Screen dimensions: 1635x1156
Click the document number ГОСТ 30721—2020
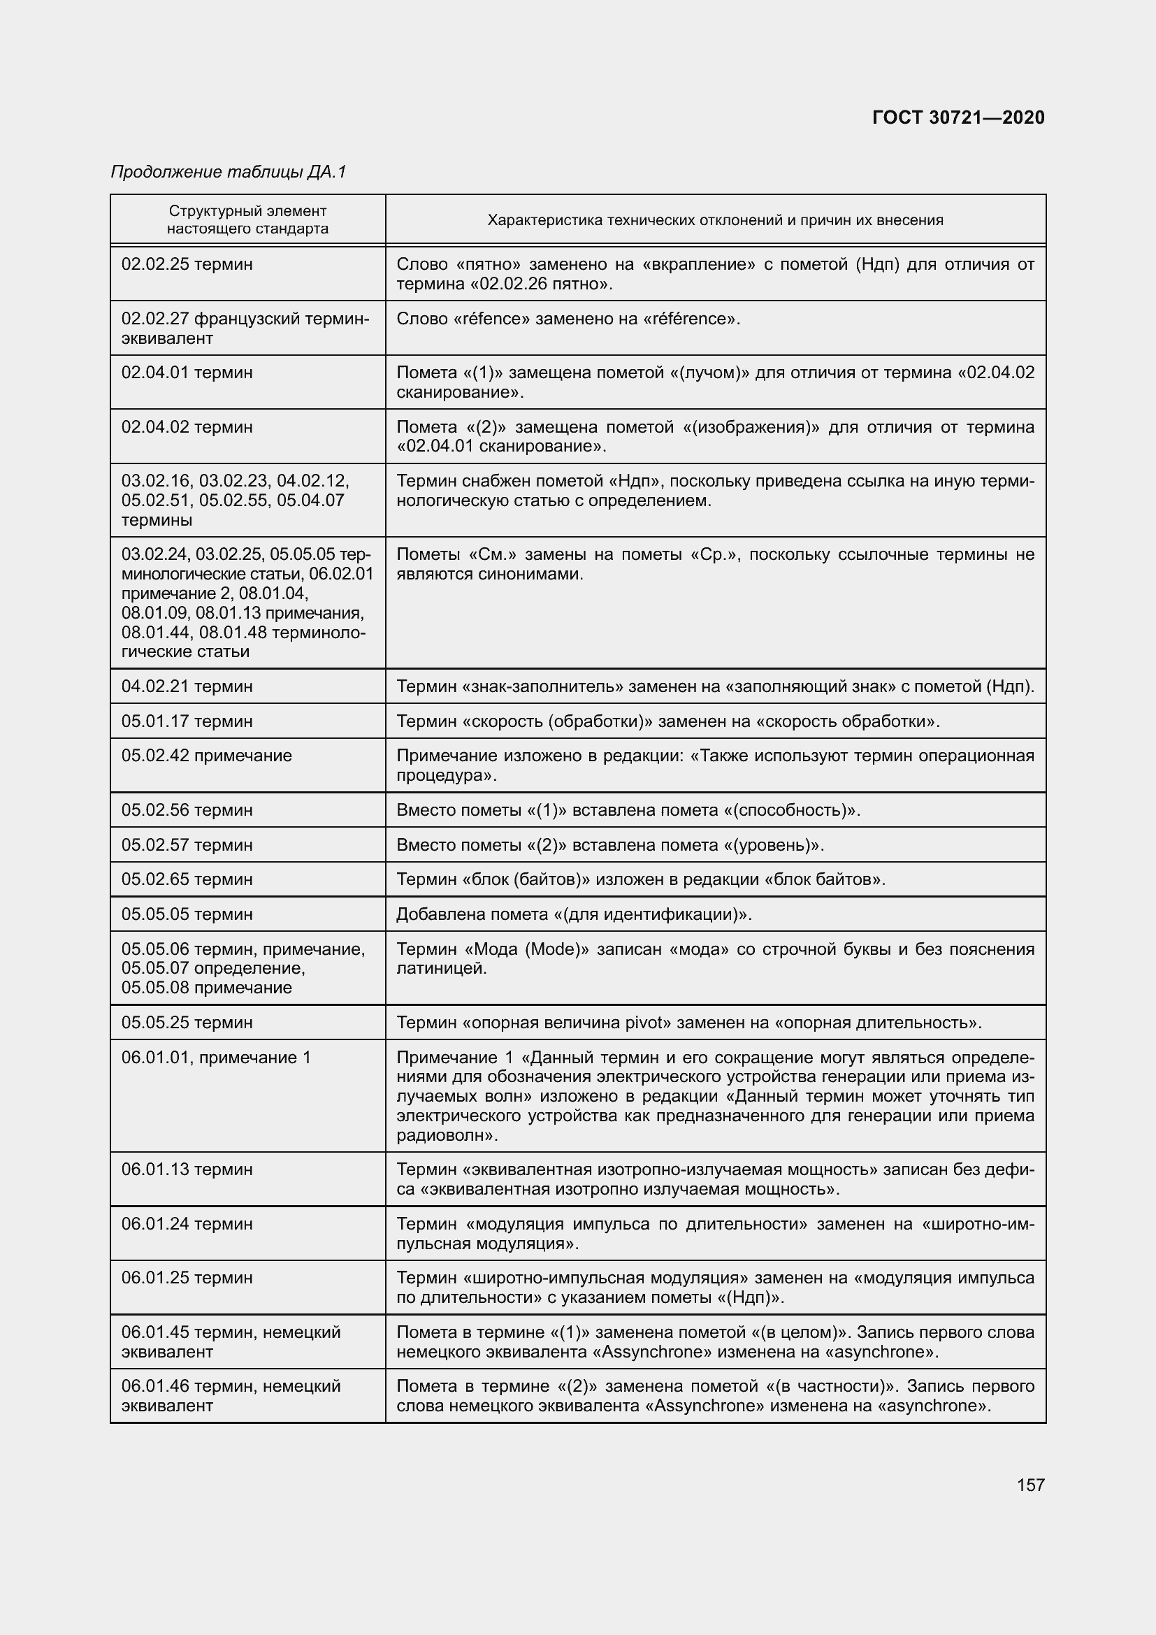click(x=958, y=117)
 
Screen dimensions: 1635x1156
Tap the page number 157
click(x=1031, y=1485)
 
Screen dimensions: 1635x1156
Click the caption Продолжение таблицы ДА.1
click(x=229, y=172)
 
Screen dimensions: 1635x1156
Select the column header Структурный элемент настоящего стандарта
click(x=247, y=219)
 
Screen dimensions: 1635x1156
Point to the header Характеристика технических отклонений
click(x=715, y=220)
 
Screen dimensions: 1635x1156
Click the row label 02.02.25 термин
click(x=187, y=264)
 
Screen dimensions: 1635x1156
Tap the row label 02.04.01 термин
click(x=187, y=373)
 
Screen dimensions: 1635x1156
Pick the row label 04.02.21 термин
click(x=187, y=686)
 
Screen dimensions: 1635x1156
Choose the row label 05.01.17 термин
click(x=187, y=721)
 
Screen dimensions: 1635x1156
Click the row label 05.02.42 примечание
click(x=206, y=755)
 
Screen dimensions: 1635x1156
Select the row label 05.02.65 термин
click(x=187, y=879)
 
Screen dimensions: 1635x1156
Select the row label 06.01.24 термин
click(x=187, y=1223)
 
